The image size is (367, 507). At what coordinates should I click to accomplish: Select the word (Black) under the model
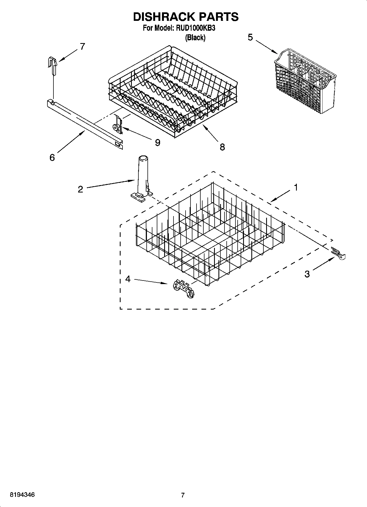click(x=195, y=38)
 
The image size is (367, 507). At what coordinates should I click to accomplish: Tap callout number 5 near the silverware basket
click(x=250, y=37)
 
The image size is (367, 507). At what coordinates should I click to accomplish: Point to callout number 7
click(x=82, y=46)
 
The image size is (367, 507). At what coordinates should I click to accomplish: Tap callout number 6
click(x=52, y=158)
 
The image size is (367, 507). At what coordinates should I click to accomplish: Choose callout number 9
click(x=157, y=143)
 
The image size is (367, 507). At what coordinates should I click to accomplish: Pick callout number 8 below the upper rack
click(x=222, y=147)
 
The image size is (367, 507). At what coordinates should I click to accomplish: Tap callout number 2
click(x=80, y=189)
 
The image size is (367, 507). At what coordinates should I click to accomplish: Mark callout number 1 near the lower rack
click(x=295, y=188)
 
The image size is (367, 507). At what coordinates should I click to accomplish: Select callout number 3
click(x=307, y=274)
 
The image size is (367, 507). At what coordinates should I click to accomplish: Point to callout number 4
click(x=128, y=279)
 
